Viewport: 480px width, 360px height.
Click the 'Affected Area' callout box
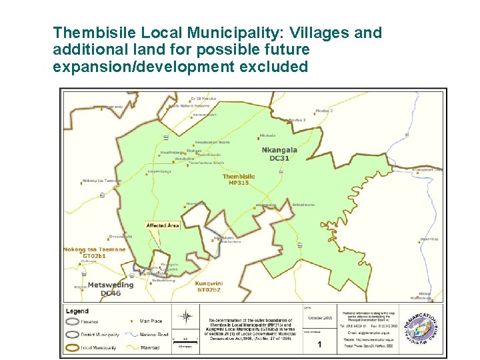click(163, 225)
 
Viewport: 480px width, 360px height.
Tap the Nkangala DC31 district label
click(279, 154)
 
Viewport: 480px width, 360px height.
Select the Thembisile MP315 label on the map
click(239, 179)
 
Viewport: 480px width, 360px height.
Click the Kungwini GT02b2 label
click(209, 287)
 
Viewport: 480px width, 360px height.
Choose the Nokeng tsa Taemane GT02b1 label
click(94, 252)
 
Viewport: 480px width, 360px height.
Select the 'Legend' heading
click(77, 311)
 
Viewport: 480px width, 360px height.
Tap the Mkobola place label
click(267, 135)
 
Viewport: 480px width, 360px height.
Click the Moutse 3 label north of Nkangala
click(297, 120)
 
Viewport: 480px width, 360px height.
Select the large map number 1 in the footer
click(319, 345)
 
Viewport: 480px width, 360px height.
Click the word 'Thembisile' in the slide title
click(93, 33)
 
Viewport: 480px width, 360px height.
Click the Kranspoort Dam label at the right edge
click(427, 170)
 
